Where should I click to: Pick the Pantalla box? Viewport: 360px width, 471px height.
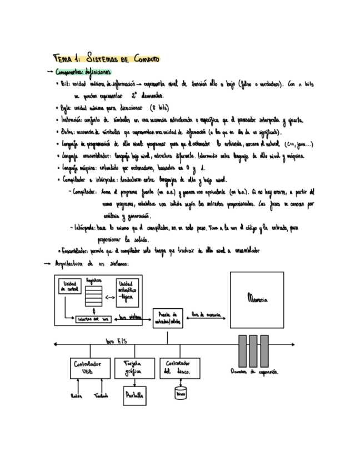[134, 395]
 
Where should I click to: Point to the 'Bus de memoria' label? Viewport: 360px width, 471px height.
[206, 314]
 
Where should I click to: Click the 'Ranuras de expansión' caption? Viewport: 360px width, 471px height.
[255, 372]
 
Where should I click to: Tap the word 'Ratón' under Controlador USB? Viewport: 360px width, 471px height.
[76, 395]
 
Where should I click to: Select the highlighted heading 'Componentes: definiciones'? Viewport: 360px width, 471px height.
[83, 72]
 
